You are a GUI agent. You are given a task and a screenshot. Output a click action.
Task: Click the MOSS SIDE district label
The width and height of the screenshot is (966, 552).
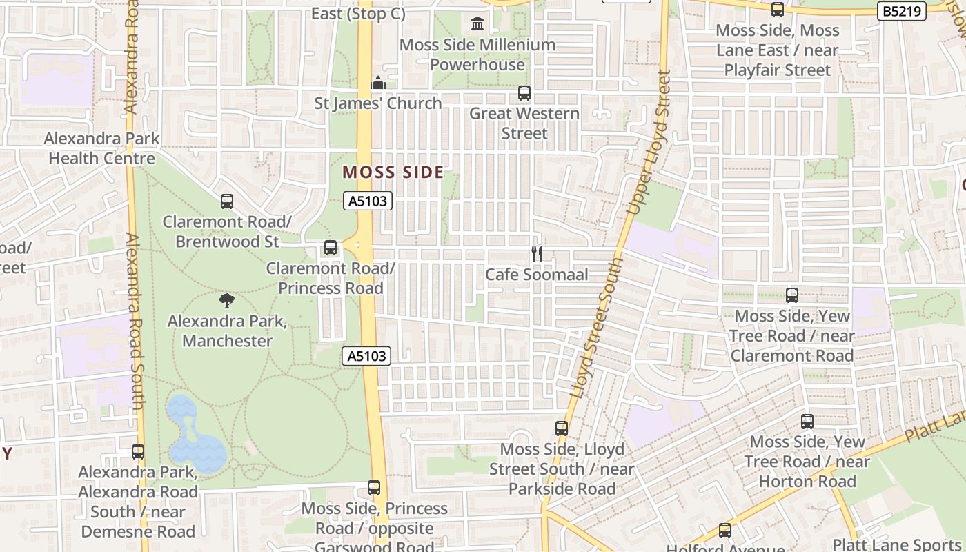click(393, 172)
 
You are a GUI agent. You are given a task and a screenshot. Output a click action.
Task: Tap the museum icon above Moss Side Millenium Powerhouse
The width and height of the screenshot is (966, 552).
click(477, 24)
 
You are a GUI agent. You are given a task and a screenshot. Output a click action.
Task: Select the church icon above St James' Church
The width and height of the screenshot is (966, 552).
click(377, 83)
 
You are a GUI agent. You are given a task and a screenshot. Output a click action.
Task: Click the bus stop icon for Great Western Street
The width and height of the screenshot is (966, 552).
click(524, 92)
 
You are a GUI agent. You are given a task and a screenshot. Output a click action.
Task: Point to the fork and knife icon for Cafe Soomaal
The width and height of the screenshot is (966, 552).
click(537, 254)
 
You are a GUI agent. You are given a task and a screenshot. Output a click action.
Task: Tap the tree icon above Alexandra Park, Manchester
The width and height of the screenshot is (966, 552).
click(227, 301)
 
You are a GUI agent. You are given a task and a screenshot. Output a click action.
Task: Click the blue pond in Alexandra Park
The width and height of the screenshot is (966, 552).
click(193, 435)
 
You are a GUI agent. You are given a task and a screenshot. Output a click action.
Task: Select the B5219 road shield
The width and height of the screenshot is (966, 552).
click(902, 11)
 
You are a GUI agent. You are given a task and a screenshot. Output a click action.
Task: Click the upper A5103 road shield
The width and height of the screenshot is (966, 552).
click(368, 201)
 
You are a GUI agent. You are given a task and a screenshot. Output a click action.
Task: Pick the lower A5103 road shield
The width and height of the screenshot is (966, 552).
click(366, 356)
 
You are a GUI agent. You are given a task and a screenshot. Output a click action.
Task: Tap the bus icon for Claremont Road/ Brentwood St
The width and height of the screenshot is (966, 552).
click(227, 201)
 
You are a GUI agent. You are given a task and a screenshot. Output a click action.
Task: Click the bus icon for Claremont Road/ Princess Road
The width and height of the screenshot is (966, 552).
click(331, 248)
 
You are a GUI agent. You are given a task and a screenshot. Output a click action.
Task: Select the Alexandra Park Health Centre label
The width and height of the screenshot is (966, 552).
click(102, 148)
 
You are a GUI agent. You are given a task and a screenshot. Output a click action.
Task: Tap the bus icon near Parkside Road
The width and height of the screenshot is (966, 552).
click(562, 428)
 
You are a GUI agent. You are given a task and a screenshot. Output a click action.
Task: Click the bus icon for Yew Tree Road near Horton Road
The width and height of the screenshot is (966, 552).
click(807, 421)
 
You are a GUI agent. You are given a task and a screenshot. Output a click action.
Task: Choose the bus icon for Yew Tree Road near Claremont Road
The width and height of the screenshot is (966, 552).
click(792, 295)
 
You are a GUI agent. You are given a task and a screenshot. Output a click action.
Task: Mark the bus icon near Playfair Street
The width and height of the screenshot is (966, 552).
click(778, 10)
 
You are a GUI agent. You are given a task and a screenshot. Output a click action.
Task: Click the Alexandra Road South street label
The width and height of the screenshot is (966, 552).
click(135, 321)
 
